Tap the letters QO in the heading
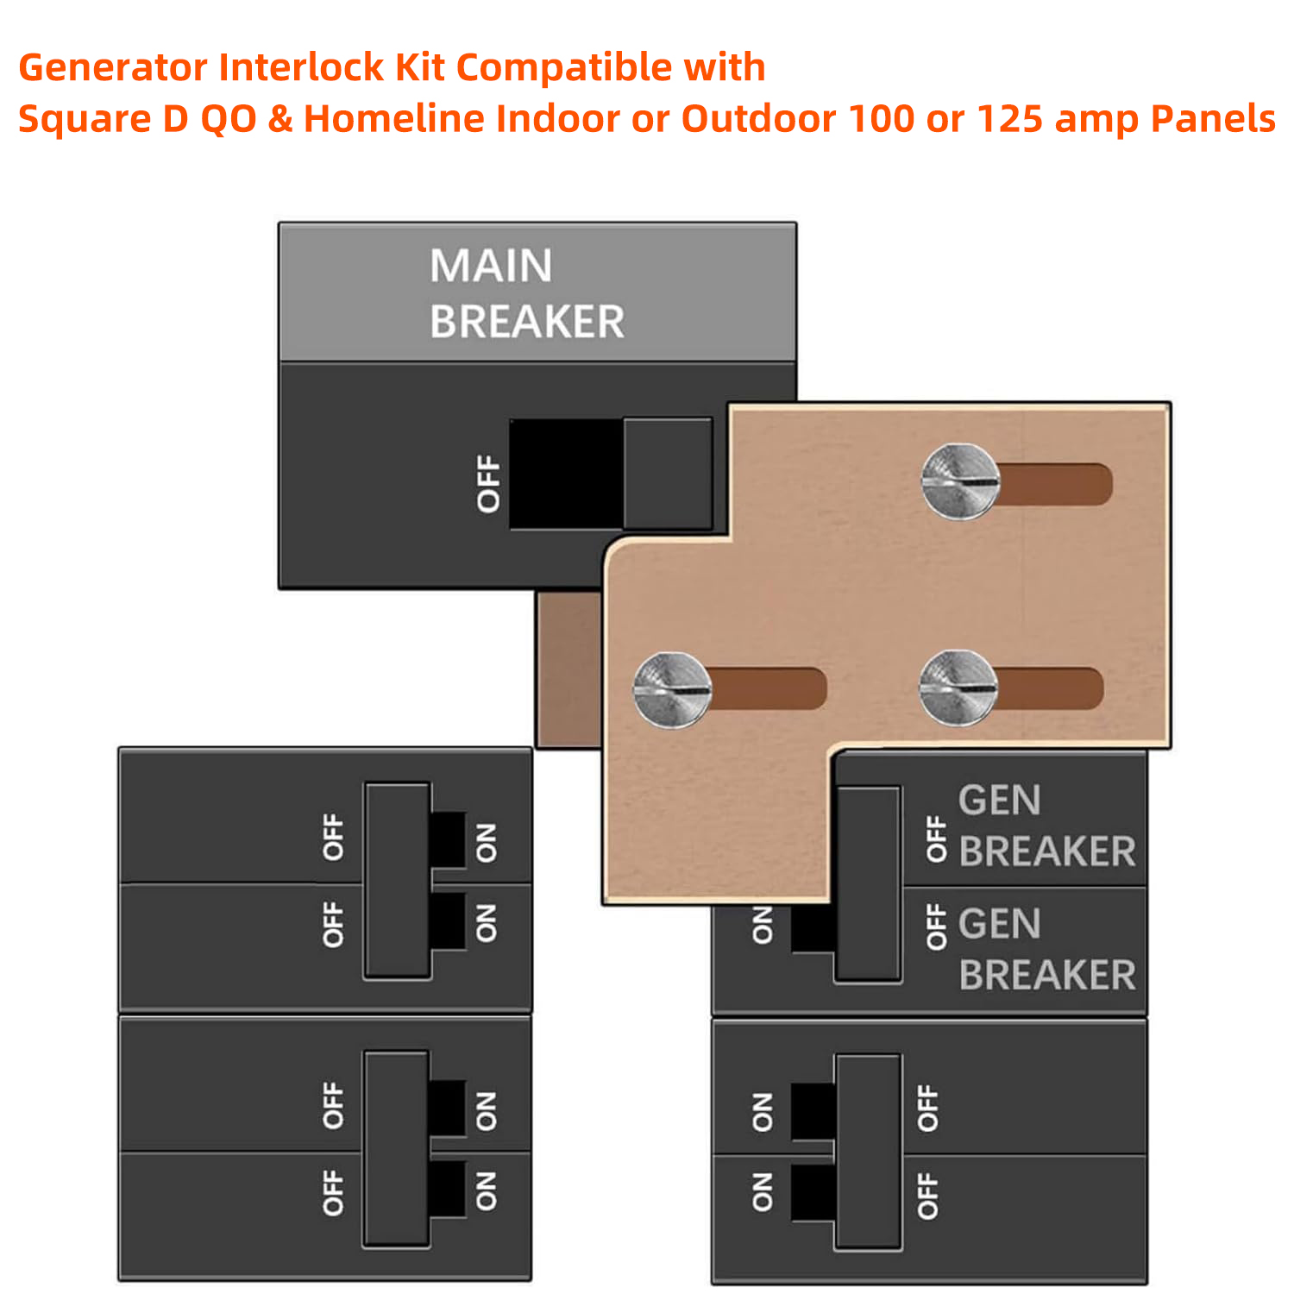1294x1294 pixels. coord(229,119)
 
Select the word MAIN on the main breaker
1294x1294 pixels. coord(491,266)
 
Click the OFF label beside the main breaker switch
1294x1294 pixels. coord(489,484)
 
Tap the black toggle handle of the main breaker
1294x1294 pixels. coord(566,474)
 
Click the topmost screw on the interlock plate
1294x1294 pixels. coord(960,481)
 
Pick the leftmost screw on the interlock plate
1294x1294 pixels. coord(672,690)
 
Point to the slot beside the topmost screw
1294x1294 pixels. coord(1057,484)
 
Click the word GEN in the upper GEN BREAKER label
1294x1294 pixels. coord(999,801)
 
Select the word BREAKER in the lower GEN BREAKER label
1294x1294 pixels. coord(1047,976)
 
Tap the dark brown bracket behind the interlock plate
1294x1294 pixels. coord(568,669)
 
